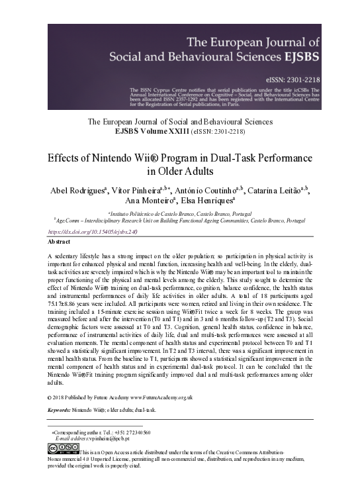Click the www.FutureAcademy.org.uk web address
click(161, 397)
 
